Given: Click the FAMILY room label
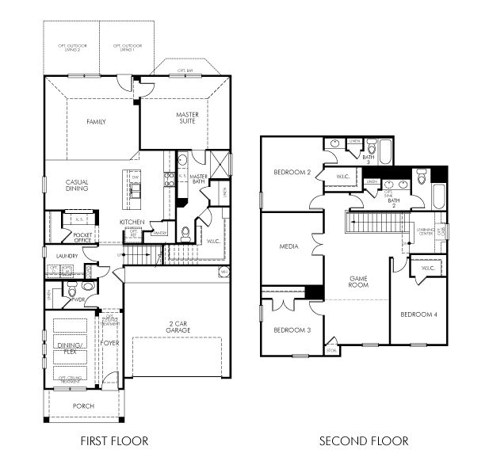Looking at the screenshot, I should [96, 122].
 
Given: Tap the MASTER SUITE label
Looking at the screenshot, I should [187, 118].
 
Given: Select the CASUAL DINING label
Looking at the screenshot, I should [77, 185].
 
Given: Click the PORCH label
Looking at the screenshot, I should [82, 406].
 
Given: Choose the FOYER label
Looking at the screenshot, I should [109, 345].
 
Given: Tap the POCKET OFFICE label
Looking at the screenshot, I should [82, 238].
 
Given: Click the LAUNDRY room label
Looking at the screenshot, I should [68, 256].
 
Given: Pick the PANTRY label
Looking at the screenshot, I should [159, 233].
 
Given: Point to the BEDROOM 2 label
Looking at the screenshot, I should [291, 173].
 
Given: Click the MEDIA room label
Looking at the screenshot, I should [288, 246].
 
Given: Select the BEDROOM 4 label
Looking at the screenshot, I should [418, 314].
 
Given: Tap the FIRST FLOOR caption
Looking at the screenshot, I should [115, 440].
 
